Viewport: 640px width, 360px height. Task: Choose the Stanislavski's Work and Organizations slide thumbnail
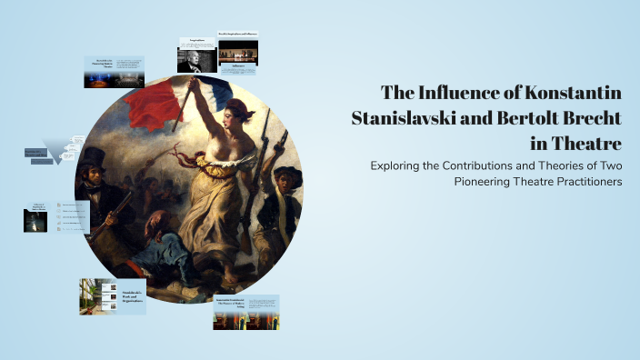[113, 296]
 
